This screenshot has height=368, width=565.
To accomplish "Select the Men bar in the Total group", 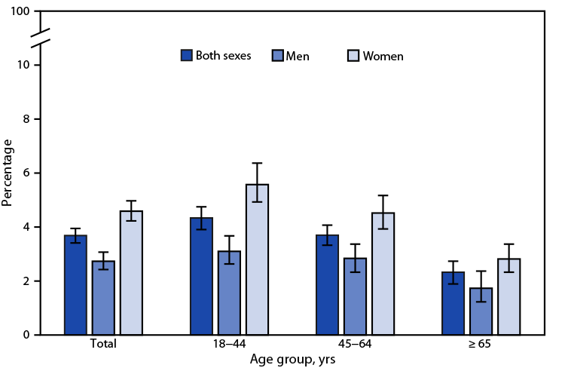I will [x=103, y=298].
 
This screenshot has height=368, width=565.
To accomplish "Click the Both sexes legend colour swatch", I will [x=186, y=55].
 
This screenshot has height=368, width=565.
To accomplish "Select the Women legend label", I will [x=383, y=56].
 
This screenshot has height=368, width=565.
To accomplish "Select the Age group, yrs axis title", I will [x=292, y=360].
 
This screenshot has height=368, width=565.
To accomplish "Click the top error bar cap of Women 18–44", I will [x=257, y=164].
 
